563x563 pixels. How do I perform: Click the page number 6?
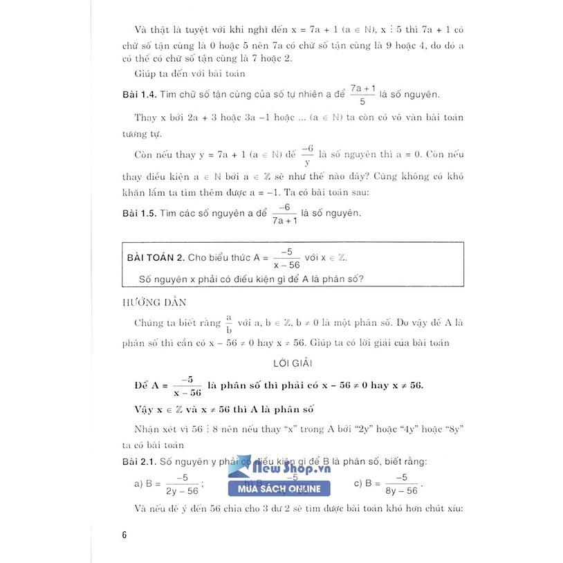click(x=124, y=534)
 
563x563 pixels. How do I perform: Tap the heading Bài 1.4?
click(x=137, y=95)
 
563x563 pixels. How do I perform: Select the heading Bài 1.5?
click(x=137, y=213)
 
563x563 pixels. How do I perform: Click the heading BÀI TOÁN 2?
click(x=156, y=258)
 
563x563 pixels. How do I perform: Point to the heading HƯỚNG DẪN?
click(x=146, y=302)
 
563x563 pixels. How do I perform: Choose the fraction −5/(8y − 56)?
click(x=401, y=483)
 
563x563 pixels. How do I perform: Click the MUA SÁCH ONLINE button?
click(x=279, y=490)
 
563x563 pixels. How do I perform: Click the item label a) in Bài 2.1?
click(x=138, y=483)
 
